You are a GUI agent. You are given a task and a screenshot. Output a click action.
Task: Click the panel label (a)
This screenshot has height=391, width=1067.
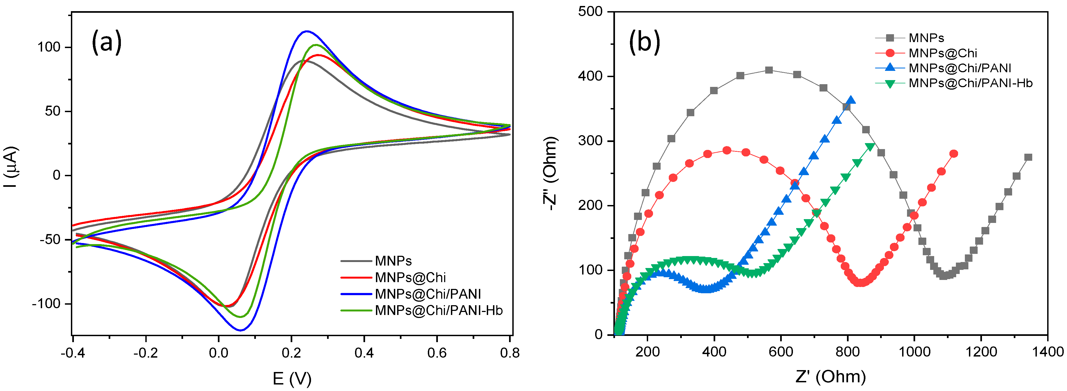(x=106, y=42)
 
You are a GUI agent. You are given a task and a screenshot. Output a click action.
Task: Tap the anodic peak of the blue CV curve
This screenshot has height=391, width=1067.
(x=306, y=31)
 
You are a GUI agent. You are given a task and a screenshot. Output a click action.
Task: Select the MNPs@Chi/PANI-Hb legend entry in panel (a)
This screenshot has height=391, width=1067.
(x=438, y=310)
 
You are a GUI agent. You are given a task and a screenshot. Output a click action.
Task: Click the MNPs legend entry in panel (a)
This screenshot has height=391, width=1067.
(x=393, y=261)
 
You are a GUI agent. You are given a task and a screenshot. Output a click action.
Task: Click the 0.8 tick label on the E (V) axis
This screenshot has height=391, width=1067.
(x=510, y=353)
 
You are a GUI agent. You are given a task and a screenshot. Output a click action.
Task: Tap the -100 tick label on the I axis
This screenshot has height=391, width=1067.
(x=46, y=304)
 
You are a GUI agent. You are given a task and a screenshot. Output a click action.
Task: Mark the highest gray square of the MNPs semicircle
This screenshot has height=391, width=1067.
(x=769, y=70)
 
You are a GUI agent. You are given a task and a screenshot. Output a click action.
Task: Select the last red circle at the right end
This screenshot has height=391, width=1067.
(x=953, y=154)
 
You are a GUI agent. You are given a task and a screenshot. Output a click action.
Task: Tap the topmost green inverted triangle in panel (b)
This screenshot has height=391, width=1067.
(x=870, y=147)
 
